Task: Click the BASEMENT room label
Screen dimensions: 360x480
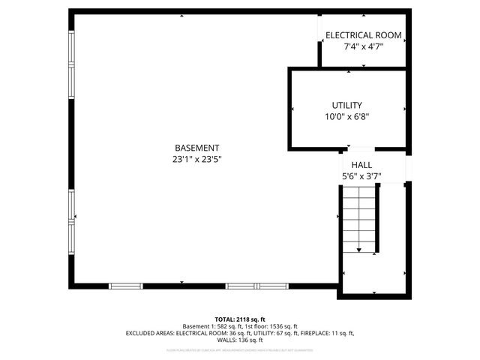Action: [196, 148]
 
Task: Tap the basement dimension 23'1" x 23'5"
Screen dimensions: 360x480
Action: [196, 159]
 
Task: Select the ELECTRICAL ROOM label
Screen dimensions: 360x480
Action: [363, 35]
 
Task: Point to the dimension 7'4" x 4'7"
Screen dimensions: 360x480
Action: [363, 46]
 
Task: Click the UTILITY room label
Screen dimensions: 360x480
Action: [347, 105]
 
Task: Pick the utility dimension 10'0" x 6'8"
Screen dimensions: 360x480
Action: [347, 116]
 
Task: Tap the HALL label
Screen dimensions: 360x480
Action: [357, 165]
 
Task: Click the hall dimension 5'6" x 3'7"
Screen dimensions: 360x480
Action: [357, 177]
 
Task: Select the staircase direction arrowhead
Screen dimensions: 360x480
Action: [359, 250]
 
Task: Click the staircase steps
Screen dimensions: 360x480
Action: [359, 217]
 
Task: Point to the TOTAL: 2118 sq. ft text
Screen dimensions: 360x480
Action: [240, 319]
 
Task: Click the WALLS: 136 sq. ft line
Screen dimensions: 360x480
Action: [240, 340]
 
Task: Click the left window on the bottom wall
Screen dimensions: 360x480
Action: [125, 286]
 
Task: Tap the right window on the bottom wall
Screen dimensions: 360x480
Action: [256, 286]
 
